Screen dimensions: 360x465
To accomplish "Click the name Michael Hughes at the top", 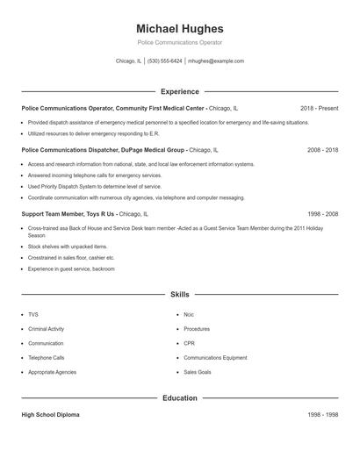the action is [180, 29].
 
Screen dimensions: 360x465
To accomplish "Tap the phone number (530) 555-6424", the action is [165, 61].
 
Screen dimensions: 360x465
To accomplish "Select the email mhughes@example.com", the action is [216, 61].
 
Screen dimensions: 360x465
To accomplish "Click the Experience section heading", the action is [180, 91].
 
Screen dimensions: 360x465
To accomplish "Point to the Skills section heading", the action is [180, 295].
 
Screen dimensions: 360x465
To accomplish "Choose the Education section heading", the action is [180, 398].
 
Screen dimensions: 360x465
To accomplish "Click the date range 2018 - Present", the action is [319, 108].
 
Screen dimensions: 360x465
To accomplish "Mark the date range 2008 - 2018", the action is [322, 150].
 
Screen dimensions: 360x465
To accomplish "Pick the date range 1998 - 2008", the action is [322, 213].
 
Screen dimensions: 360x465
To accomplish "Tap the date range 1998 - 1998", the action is [322, 415].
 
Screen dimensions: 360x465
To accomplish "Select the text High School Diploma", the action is [50, 415].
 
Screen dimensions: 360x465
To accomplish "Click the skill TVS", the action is [33, 314].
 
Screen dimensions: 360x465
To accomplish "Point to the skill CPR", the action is [189, 343].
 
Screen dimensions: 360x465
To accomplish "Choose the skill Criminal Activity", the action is [46, 329].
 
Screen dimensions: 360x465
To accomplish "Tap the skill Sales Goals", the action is [198, 372].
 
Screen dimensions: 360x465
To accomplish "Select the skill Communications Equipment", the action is [215, 358].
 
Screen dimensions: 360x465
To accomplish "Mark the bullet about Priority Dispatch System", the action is [95, 187].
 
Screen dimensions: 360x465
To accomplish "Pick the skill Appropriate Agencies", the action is [52, 372].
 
